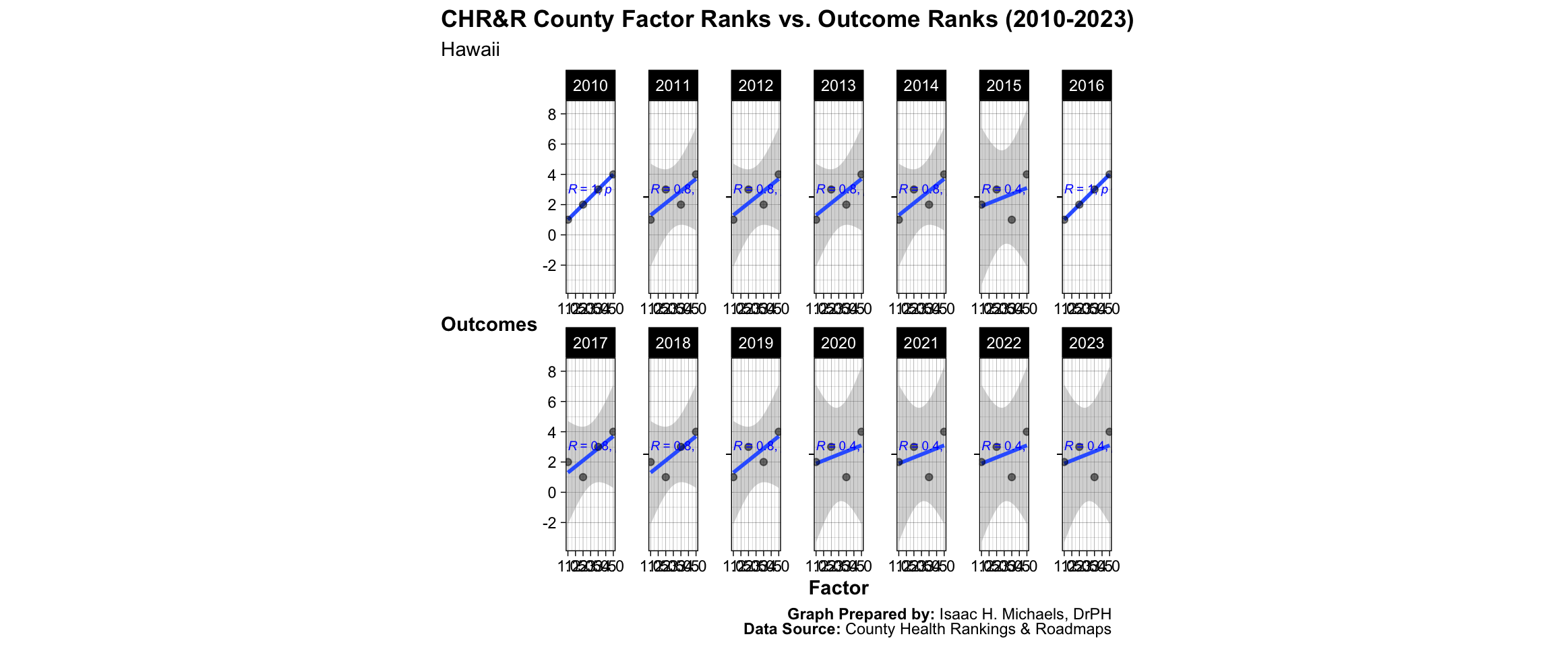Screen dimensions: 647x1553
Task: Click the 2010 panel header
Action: [x=590, y=86]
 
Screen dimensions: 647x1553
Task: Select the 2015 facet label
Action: [x=1004, y=86]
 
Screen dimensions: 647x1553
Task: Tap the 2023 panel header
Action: [x=1087, y=343]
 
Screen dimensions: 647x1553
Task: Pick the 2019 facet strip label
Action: [x=756, y=343]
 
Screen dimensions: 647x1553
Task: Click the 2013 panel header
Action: [x=839, y=86]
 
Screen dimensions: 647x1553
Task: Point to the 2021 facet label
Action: [x=921, y=343]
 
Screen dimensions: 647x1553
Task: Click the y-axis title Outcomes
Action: [x=489, y=325]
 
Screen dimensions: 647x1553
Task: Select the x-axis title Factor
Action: [x=839, y=588]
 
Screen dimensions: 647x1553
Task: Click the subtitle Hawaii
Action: [x=470, y=50]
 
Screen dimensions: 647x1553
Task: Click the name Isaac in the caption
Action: [x=956, y=614]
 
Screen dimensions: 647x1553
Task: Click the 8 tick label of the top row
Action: [x=552, y=115]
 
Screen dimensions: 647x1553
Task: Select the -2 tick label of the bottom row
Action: [x=549, y=523]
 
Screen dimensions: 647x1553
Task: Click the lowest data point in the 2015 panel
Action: [x=1011, y=220]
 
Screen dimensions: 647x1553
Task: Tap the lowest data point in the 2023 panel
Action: [x=1094, y=477]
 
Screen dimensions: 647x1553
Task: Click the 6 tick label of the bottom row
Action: [x=552, y=402]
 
